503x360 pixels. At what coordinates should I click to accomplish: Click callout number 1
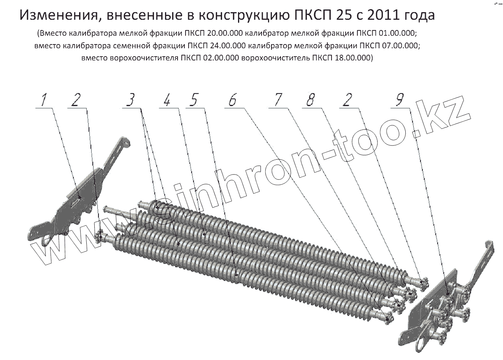tap(44, 100)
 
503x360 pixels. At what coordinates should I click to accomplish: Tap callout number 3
tap(130, 100)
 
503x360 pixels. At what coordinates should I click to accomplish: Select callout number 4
tap(167, 100)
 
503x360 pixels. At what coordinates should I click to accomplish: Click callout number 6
tap(232, 100)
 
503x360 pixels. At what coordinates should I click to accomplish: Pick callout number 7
tap(278, 100)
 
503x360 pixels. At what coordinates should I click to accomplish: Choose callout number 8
tap(311, 100)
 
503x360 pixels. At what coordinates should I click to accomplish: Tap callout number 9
tap(400, 99)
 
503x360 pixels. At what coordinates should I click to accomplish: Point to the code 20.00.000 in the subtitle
tap(225, 33)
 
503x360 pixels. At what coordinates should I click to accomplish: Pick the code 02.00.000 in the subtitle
tap(221, 58)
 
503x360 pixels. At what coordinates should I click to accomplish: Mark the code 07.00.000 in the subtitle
tap(400, 46)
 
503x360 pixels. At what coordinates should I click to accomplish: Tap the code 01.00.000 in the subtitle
tap(397, 33)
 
